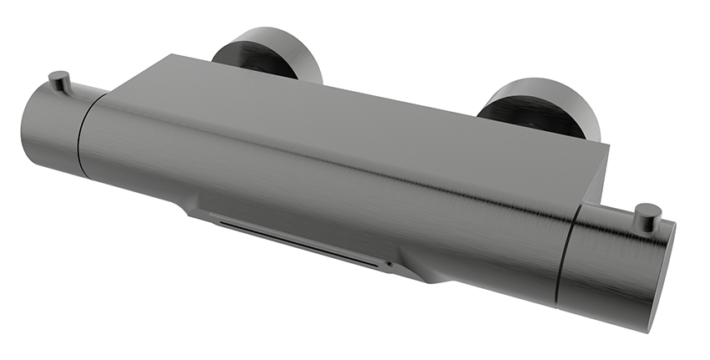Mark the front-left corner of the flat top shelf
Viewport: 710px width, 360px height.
(107, 94)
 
